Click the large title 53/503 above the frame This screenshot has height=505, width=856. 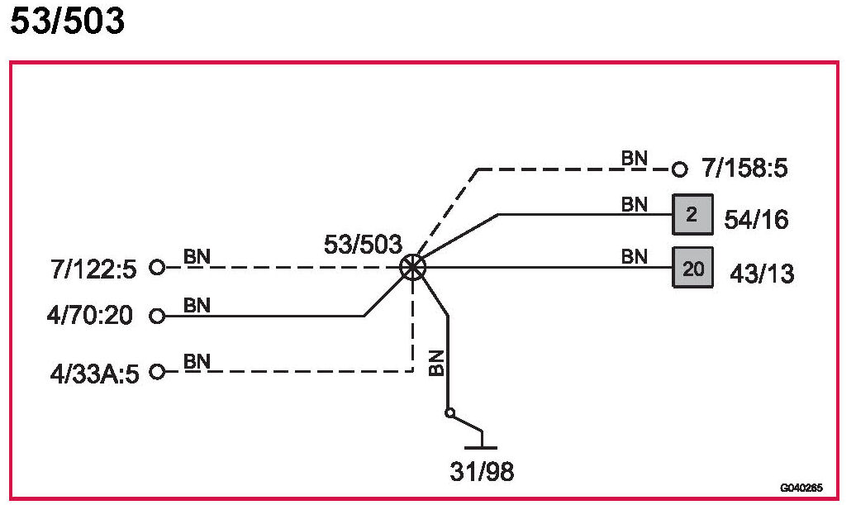67,22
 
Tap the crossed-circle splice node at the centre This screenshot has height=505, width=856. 412,267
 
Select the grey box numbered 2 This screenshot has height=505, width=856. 692,216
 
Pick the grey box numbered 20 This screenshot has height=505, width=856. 692,267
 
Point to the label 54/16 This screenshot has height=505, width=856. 756,220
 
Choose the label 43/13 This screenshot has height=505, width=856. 762,273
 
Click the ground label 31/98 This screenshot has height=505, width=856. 482,473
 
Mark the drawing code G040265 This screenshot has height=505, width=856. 801,488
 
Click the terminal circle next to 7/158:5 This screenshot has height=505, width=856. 680,169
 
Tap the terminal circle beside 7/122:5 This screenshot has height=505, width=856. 157,268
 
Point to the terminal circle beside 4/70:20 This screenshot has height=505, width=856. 157,316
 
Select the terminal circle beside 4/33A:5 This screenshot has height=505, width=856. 157,372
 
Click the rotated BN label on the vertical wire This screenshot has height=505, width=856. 437,364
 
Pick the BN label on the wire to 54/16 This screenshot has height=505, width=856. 635,204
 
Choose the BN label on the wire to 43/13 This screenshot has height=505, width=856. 635,256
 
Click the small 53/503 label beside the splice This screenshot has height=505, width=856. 364,245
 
